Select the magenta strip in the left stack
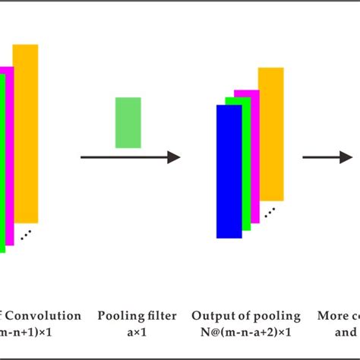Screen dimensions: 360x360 [10, 152]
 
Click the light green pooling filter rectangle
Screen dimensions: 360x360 [128, 122]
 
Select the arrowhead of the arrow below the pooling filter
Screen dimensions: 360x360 [174, 157]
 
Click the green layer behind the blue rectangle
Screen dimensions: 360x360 [247, 163]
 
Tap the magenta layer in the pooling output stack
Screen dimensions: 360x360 [255, 152]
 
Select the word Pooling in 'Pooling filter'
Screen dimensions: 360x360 [115, 316]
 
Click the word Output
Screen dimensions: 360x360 [210, 316]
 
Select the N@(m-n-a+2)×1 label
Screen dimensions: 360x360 [245, 333]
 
